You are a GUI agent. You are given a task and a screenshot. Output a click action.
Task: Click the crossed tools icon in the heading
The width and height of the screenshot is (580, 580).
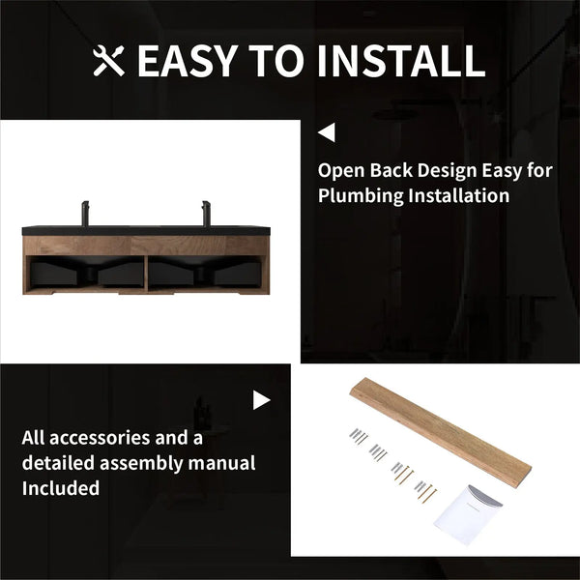tap(108, 61)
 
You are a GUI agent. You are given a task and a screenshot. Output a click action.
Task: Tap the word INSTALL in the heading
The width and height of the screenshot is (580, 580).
tap(401, 61)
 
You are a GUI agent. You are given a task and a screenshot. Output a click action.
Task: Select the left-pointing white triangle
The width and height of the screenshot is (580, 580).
tap(327, 132)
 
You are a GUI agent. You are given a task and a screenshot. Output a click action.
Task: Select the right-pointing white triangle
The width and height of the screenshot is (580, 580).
tap(262, 400)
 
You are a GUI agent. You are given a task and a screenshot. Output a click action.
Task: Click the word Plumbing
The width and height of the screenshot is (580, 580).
tap(361, 196)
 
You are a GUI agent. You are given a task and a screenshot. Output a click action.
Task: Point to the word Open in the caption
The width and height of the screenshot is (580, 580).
tap(341, 171)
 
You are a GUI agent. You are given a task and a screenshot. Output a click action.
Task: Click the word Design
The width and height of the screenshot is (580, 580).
tap(448, 171)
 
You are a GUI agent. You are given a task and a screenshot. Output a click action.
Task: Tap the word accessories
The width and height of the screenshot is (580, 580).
tap(100, 438)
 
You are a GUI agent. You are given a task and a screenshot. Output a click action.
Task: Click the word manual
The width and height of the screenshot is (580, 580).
tap(221, 463)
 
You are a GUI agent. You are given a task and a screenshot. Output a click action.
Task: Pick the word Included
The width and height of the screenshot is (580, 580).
tap(61, 488)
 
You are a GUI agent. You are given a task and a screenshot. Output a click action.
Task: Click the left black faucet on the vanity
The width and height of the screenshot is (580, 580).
tap(85, 213)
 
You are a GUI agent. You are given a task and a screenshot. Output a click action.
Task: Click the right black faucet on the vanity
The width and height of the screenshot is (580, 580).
tap(206, 213)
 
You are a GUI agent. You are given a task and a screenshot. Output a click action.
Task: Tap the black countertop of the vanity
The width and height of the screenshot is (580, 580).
tap(146, 231)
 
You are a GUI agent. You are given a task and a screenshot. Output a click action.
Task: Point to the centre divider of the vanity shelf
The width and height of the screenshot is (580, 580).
tap(146, 274)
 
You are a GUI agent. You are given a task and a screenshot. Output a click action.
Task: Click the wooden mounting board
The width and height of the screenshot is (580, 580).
tap(441, 432)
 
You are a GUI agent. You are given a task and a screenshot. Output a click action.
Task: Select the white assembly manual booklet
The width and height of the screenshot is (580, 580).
tap(467, 514)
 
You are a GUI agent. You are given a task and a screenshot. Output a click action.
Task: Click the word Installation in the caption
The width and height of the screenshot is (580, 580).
tap(458, 195)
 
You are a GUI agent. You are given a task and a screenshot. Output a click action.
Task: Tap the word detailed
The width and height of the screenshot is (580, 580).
tap(58, 463)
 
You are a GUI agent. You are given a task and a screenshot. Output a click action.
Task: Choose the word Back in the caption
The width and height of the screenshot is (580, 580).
tap(391, 170)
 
